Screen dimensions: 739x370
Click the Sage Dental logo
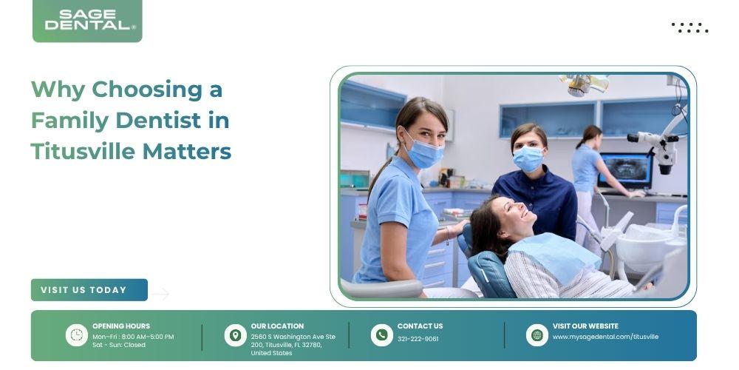coord(87,21)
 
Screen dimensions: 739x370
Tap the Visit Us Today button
coord(89,290)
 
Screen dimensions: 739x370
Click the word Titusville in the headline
coord(83,152)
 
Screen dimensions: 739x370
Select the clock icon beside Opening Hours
coord(76,335)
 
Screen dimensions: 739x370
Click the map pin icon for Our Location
coord(235,335)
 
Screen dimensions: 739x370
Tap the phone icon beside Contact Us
coord(382,335)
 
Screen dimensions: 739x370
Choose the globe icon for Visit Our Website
coord(537,335)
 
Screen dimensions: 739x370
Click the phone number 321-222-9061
coord(418,339)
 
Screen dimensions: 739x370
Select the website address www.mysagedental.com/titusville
coord(606,337)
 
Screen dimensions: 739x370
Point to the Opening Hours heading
coord(121,326)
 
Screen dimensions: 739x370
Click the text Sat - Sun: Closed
coord(119,345)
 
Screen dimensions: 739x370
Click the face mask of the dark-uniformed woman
coord(528,158)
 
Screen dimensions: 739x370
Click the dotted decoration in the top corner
coord(689,28)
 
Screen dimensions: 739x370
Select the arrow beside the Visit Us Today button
coord(160,294)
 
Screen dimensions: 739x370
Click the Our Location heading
coord(277,326)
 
